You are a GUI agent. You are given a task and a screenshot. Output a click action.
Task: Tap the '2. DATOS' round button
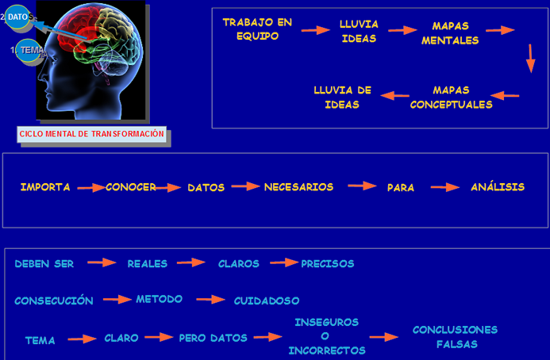pyautogui.click(x=17, y=17)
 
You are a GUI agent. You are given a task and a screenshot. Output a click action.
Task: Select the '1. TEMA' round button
pyautogui.click(x=29, y=50)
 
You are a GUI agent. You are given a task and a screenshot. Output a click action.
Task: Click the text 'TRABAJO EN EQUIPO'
pyautogui.click(x=257, y=29)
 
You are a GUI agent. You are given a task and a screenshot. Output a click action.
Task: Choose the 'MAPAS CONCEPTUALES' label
pyautogui.click(x=451, y=97)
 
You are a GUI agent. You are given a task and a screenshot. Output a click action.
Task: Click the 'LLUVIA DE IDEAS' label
pyautogui.click(x=342, y=97)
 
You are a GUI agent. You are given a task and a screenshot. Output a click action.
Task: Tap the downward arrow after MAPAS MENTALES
pyautogui.click(x=530, y=59)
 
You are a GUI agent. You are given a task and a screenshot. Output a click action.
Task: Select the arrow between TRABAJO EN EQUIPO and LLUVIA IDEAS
pyautogui.click(x=315, y=30)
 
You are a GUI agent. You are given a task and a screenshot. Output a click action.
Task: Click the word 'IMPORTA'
pyautogui.click(x=45, y=187)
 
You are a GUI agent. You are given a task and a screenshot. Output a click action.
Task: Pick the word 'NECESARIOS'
pyautogui.click(x=298, y=187)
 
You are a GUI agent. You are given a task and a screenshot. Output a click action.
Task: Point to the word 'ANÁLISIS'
pyautogui.click(x=498, y=187)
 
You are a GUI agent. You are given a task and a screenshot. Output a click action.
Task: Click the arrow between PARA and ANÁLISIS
pyautogui.click(x=445, y=188)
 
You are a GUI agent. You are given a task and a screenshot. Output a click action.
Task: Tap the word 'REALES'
pyautogui.click(x=147, y=263)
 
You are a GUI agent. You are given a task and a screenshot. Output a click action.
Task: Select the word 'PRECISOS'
pyautogui.click(x=328, y=263)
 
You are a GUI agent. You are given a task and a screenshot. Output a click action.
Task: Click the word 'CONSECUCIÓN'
pyautogui.click(x=54, y=301)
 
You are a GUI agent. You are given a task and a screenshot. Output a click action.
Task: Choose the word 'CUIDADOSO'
pyautogui.click(x=267, y=301)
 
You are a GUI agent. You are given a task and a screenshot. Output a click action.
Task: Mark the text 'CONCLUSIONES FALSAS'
pyautogui.click(x=456, y=336)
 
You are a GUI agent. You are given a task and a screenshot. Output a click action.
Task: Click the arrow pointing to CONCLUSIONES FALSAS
pyautogui.click(x=383, y=337)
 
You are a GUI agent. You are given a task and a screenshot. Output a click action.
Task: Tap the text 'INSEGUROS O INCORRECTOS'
pyautogui.click(x=327, y=336)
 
